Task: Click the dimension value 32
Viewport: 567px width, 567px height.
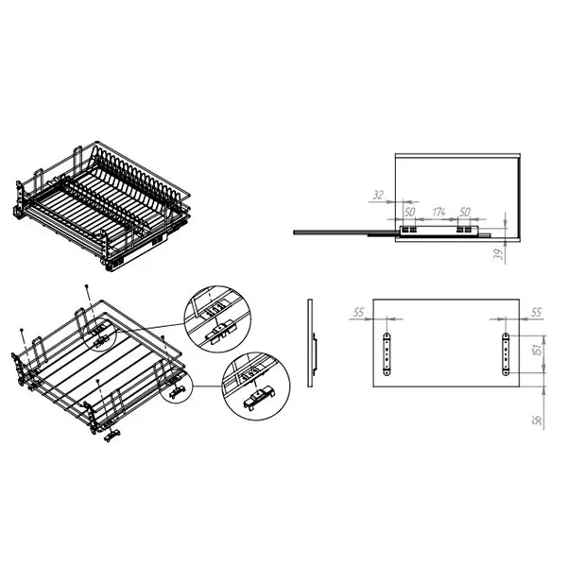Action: [378, 195]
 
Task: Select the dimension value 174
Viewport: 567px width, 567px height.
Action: [438, 212]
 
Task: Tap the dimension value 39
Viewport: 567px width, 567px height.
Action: [499, 254]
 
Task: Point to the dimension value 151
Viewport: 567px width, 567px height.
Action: [538, 350]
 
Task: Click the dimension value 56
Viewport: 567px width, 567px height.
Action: [538, 420]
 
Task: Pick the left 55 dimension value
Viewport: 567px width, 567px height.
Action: [358, 312]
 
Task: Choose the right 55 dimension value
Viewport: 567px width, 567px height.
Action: [537, 312]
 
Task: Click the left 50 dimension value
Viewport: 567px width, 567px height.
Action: [409, 212]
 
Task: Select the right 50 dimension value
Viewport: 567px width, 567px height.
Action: [465, 212]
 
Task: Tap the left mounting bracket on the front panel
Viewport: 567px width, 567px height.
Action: [387, 354]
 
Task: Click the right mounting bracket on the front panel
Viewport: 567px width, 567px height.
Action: [506, 354]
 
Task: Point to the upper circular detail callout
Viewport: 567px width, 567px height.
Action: [217, 319]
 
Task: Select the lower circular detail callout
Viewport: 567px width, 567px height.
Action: [256, 387]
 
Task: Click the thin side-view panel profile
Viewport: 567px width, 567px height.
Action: [311, 343]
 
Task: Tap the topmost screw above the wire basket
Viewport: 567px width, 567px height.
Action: [86, 286]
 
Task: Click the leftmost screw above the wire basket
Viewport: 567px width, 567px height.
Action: [22, 330]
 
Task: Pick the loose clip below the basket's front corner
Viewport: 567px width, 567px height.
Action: [112, 435]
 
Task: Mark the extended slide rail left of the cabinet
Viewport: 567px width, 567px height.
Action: [344, 232]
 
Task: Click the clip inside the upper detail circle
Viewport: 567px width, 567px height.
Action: [220, 332]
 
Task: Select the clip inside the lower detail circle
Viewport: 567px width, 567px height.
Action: [259, 398]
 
